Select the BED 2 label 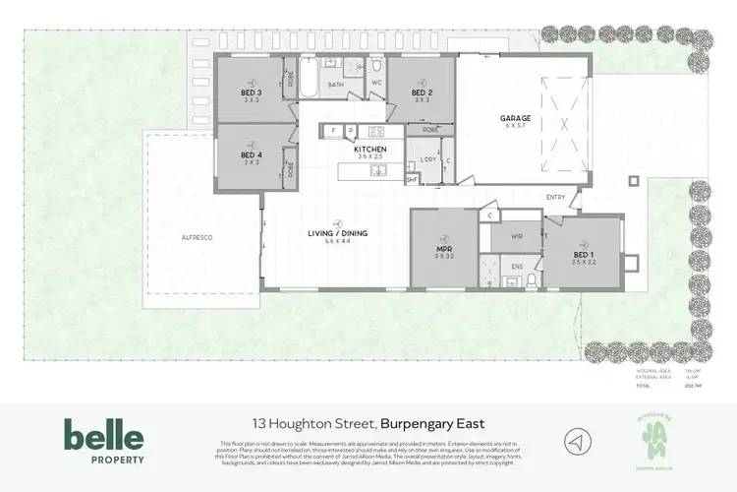[423, 93]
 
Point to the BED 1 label [585, 254]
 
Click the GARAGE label [517, 118]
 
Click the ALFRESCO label [198, 238]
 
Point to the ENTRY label [556, 197]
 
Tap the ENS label [504, 265]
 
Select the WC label [376, 83]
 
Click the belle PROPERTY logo [104, 441]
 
